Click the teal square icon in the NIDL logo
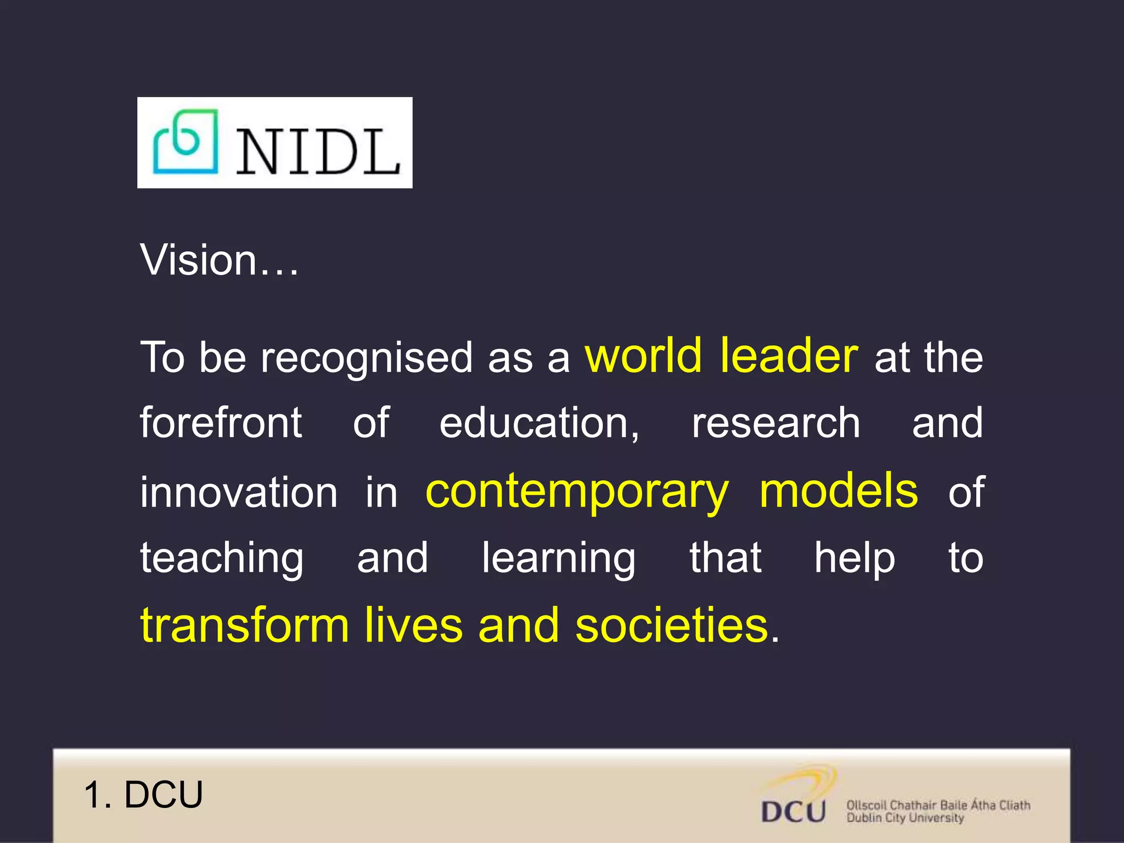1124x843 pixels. pyautogui.click(x=186, y=142)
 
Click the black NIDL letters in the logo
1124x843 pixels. pyautogui.click(x=317, y=153)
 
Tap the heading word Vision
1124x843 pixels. pyautogui.click(x=199, y=260)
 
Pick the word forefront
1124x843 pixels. pyautogui.click(x=221, y=423)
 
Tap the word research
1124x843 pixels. pyautogui.click(x=775, y=423)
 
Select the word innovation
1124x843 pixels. pyautogui.click(x=239, y=492)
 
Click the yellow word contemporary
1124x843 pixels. pyautogui.click(x=577, y=492)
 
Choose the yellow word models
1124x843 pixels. pyautogui.click(x=838, y=491)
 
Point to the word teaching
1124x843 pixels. pyautogui.click(x=222, y=559)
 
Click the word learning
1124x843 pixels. pyautogui.click(x=559, y=559)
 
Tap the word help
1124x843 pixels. pyautogui.click(x=854, y=559)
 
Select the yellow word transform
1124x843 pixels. pyautogui.click(x=245, y=626)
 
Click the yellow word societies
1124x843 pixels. pyautogui.click(x=672, y=626)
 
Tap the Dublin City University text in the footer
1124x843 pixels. pyautogui.click(x=905, y=818)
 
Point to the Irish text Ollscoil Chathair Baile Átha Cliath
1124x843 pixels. pyautogui.click(x=938, y=805)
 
